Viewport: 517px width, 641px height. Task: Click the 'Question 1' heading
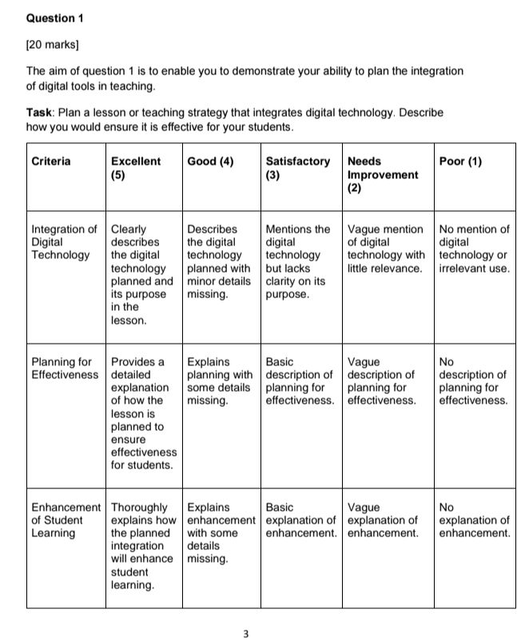coord(55,17)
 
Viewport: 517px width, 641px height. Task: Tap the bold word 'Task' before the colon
coord(40,113)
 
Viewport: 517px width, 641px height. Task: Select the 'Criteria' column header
coord(51,161)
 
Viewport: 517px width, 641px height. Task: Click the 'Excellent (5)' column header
coord(135,168)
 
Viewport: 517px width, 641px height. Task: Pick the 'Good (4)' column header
coord(209,161)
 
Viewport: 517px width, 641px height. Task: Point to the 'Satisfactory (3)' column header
coord(297,168)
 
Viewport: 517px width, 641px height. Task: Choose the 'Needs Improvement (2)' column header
coord(382,174)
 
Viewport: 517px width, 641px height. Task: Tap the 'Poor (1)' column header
coord(460,161)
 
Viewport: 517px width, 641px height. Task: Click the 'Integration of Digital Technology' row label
coord(64,242)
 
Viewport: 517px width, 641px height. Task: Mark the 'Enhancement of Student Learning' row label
coord(66,520)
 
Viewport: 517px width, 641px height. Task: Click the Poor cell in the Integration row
coord(474,249)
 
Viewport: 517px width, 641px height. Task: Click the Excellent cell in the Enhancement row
coord(142,546)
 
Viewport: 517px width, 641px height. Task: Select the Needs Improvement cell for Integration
coord(385,249)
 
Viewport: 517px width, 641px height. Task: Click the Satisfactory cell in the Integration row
coord(297,261)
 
